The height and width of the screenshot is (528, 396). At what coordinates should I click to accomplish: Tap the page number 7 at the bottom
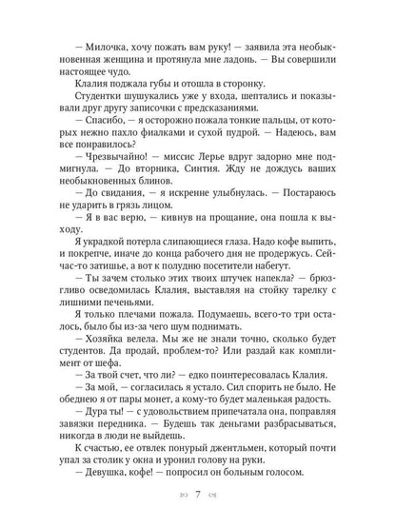point(197,496)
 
